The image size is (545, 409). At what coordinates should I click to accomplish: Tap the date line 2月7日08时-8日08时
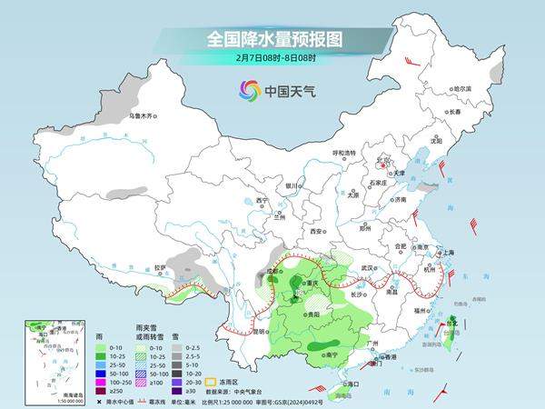272,59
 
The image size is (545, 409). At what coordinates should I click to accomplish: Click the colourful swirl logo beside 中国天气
248,90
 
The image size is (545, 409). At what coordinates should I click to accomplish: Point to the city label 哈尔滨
462,89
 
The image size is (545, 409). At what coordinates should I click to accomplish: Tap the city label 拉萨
160,267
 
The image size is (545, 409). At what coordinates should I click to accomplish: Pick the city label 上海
448,252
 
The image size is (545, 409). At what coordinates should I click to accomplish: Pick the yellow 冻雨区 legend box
239,367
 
